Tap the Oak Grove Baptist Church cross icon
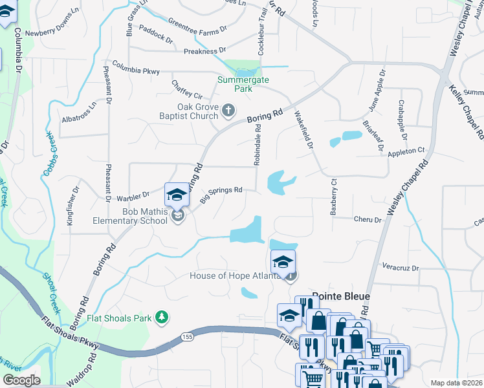(x=228, y=111)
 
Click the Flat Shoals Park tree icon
(x=162, y=317)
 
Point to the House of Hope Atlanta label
(x=236, y=276)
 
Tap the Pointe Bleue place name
(x=341, y=296)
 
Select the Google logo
(x=21, y=380)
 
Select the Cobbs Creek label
(x=50, y=153)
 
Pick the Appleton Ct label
(x=406, y=151)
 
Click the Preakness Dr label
(x=204, y=50)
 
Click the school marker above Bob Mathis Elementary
(x=177, y=193)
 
